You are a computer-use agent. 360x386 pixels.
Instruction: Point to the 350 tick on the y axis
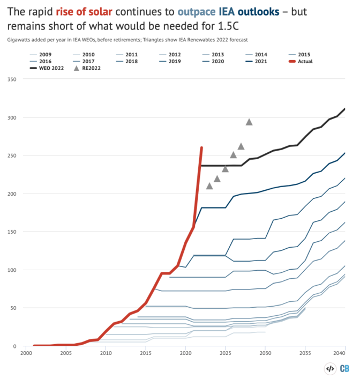12,79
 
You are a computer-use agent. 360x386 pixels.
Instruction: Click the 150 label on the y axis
12,232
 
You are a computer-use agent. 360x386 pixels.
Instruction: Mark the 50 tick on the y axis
13,308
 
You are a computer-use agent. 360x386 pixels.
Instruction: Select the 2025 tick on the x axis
226,353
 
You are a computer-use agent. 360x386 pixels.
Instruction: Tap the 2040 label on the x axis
339,353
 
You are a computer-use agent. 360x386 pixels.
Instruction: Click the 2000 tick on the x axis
26,353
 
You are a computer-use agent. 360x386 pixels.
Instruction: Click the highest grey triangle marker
249,122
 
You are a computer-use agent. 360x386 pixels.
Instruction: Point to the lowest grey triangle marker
209,185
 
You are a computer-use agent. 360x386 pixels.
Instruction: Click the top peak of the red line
201,147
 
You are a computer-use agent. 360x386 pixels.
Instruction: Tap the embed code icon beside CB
330,369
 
